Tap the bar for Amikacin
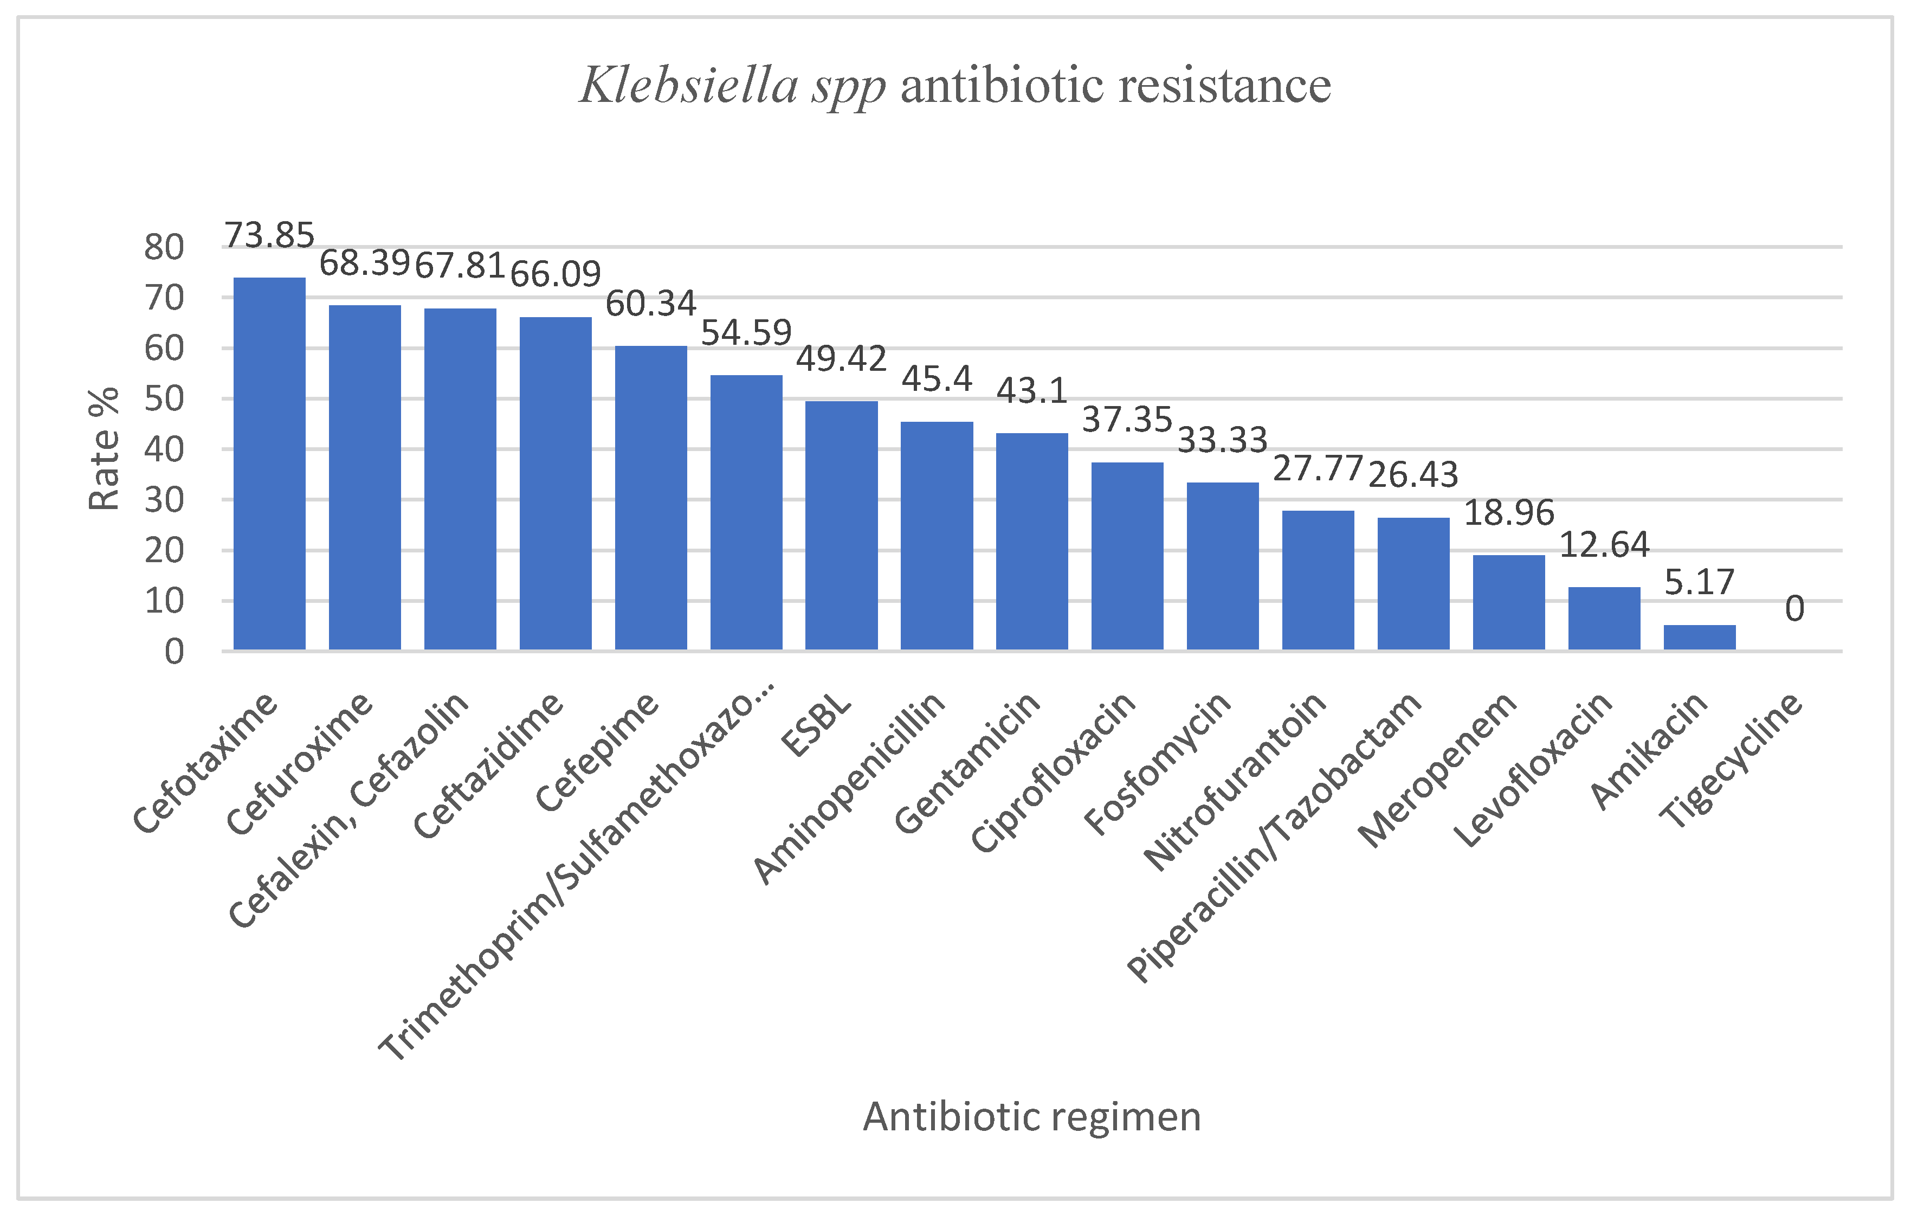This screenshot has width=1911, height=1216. coord(1699,638)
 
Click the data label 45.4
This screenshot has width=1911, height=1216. coord(937,378)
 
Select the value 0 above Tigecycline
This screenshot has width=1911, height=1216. coord(1794,609)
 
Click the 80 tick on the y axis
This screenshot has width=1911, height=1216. coord(164,248)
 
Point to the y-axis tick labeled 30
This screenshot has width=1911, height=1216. coord(164,500)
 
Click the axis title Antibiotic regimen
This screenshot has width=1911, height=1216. coord(1032,1117)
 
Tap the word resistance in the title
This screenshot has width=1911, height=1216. coord(1224,85)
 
